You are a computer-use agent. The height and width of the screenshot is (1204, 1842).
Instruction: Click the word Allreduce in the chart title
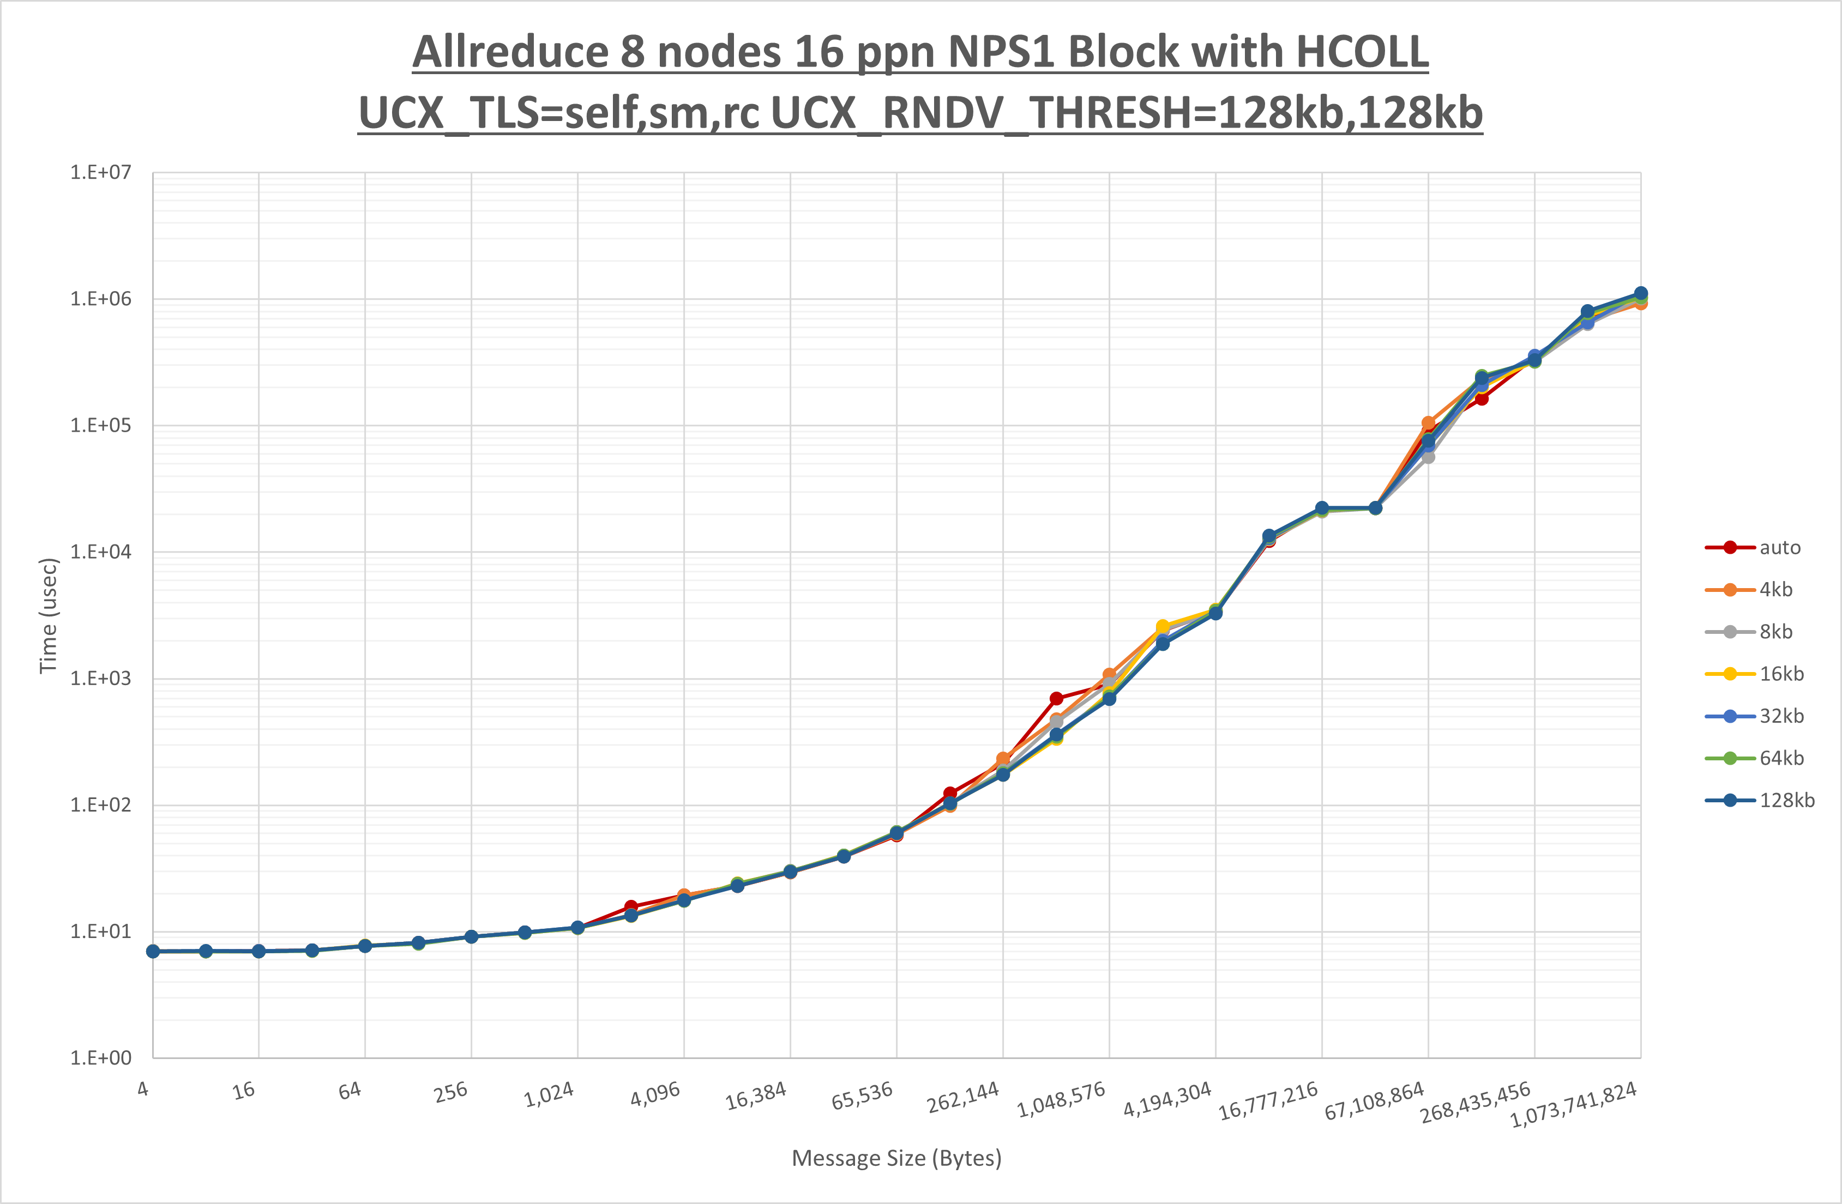tap(508, 53)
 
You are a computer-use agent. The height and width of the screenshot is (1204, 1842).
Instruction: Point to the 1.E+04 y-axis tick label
tap(101, 552)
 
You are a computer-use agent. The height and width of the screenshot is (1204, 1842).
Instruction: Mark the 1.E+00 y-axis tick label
tap(101, 1058)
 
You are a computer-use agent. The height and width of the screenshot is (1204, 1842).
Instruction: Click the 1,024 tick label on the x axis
tap(549, 1094)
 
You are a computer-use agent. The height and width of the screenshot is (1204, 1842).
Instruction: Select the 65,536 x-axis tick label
tap(862, 1096)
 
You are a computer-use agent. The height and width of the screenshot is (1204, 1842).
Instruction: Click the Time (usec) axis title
tap(48, 615)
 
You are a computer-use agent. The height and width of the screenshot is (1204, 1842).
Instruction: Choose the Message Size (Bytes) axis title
tap(896, 1158)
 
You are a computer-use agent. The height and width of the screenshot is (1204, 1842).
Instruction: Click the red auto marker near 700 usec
tap(1056, 699)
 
